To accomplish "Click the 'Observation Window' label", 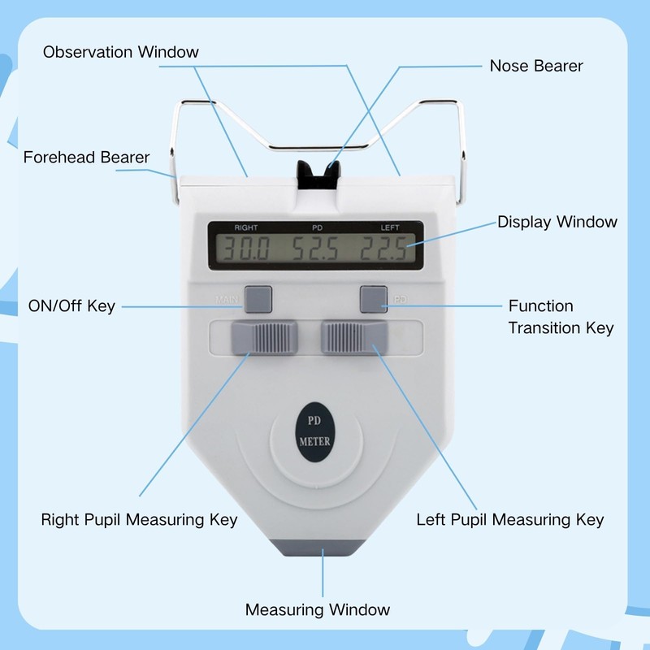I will [121, 52].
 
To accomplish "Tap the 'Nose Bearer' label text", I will [536, 66].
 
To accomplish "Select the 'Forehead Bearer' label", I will [86, 157].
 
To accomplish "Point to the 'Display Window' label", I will [557, 222].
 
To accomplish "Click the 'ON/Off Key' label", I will [71, 306].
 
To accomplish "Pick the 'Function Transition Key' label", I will [561, 317].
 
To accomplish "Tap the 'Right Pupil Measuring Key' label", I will [139, 519].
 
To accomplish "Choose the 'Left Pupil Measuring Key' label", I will [510, 519].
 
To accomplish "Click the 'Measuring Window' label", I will [318, 609].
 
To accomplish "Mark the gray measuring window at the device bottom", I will [323, 548].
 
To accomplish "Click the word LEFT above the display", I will [391, 227].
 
